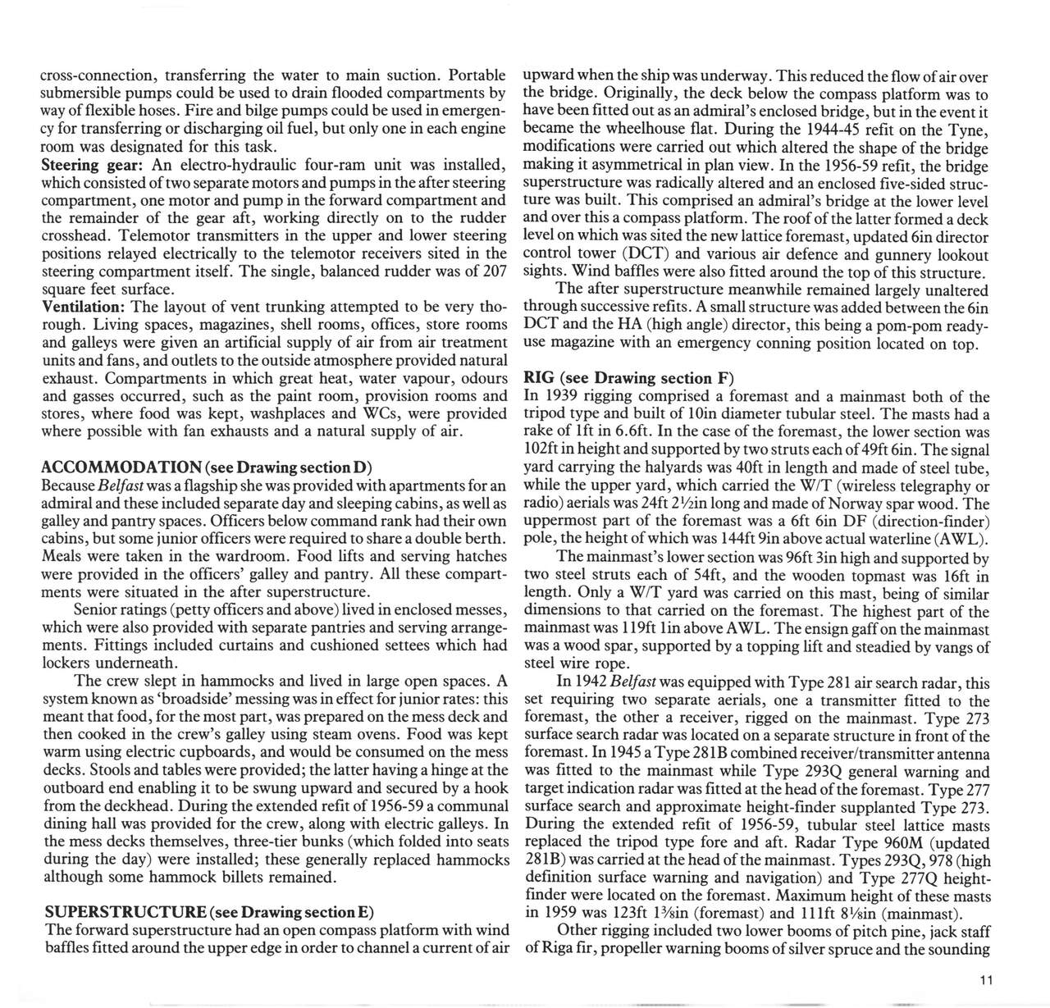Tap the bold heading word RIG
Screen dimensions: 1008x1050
pyautogui.click(x=538, y=378)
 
